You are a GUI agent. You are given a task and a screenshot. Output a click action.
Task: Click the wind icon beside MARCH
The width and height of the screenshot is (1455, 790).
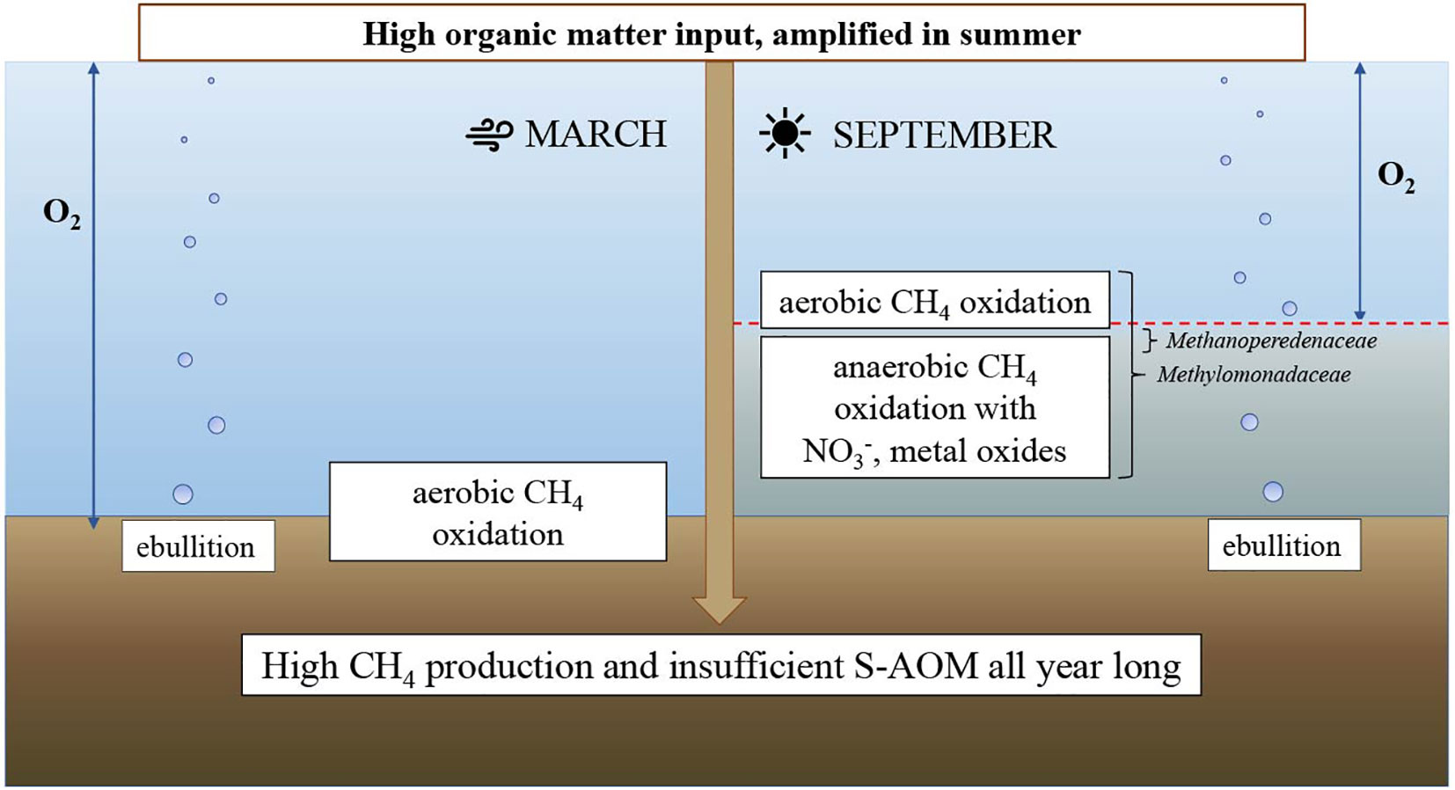[x=489, y=135]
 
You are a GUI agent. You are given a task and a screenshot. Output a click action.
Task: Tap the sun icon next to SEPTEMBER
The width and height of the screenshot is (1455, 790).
[x=785, y=133]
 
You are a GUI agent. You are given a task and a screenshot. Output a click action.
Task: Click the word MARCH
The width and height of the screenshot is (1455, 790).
[x=596, y=135]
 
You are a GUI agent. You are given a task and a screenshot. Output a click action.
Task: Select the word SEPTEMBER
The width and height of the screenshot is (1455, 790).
[x=945, y=135]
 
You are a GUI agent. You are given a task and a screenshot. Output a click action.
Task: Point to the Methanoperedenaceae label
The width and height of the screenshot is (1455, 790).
[x=1271, y=341]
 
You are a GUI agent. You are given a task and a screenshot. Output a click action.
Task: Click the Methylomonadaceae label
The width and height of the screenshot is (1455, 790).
[x=1254, y=375]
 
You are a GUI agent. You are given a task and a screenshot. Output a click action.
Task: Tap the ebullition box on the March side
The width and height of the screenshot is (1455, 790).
[x=198, y=546]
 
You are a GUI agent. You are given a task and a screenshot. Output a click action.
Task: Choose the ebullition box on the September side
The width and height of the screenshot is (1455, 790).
[x=1284, y=545]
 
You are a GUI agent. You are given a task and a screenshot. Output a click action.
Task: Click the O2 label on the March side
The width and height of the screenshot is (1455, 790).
[x=62, y=214]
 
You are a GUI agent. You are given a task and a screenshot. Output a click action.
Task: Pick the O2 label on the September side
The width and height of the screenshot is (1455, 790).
[x=1396, y=177]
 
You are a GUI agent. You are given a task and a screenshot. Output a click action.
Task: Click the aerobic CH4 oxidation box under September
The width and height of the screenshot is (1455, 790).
[x=935, y=300]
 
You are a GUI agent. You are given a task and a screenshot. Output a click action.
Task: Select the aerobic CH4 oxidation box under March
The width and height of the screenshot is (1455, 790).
[x=498, y=511]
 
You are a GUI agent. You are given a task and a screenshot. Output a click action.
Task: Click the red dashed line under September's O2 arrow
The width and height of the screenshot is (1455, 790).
[x=1093, y=323]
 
